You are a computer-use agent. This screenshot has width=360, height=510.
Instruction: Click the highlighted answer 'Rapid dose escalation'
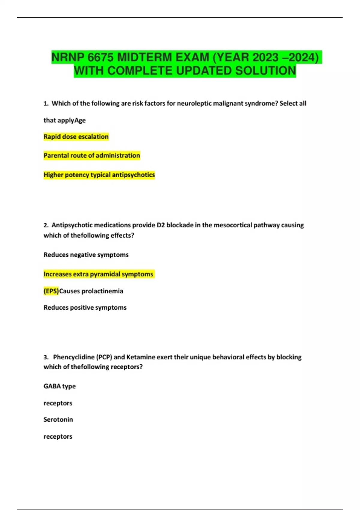[x=76, y=137]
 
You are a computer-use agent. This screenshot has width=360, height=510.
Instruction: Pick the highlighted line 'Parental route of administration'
[x=92, y=155]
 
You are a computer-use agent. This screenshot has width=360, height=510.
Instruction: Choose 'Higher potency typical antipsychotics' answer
[x=99, y=175]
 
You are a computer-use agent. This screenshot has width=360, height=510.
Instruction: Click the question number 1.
[x=46, y=103]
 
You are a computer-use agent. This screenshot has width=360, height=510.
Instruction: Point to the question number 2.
[x=46, y=225]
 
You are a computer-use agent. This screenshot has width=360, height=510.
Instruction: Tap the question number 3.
[x=46, y=357]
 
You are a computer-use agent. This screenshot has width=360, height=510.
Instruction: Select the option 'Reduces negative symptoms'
[x=86, y=255]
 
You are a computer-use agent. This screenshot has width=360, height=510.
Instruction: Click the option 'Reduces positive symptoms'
[x=85, y=307]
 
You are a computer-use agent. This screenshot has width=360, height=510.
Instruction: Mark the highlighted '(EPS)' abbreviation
[x=51, y=291]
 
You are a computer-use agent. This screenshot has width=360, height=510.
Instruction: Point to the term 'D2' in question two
[x=161, y=225]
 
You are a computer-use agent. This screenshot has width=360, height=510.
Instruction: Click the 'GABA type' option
[x=59, y=386]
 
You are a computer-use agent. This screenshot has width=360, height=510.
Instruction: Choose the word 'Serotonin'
[x=58, y=419]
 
